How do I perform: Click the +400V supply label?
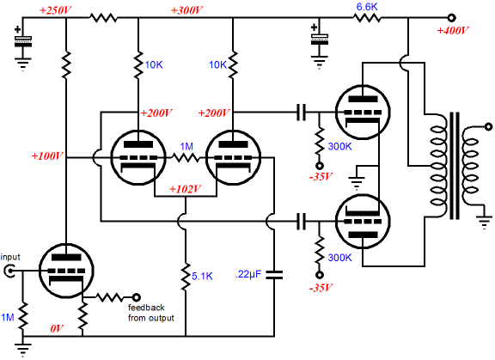(453, 31)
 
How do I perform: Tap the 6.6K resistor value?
(367, 7)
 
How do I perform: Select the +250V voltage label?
(56, 10)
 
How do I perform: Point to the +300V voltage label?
(186, 10)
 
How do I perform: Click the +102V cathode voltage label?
(185, 189)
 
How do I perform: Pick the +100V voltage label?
(47, 156)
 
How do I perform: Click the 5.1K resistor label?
(202, 277)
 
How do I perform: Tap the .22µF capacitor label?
(248, 274)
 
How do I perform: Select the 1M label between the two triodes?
(186, 146)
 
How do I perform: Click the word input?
(10, 257)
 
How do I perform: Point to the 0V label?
(57, 329)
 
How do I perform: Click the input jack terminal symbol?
(9, 271)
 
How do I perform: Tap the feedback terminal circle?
(136, 297)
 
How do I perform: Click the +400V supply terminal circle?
(452, 18)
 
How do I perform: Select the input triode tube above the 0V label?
(66, 271)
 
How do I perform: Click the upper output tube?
(363, 112)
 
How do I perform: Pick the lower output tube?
(363, 222)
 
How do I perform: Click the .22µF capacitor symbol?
(274, 274)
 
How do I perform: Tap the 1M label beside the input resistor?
(8, 317)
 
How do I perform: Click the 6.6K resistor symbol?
(366, 18)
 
